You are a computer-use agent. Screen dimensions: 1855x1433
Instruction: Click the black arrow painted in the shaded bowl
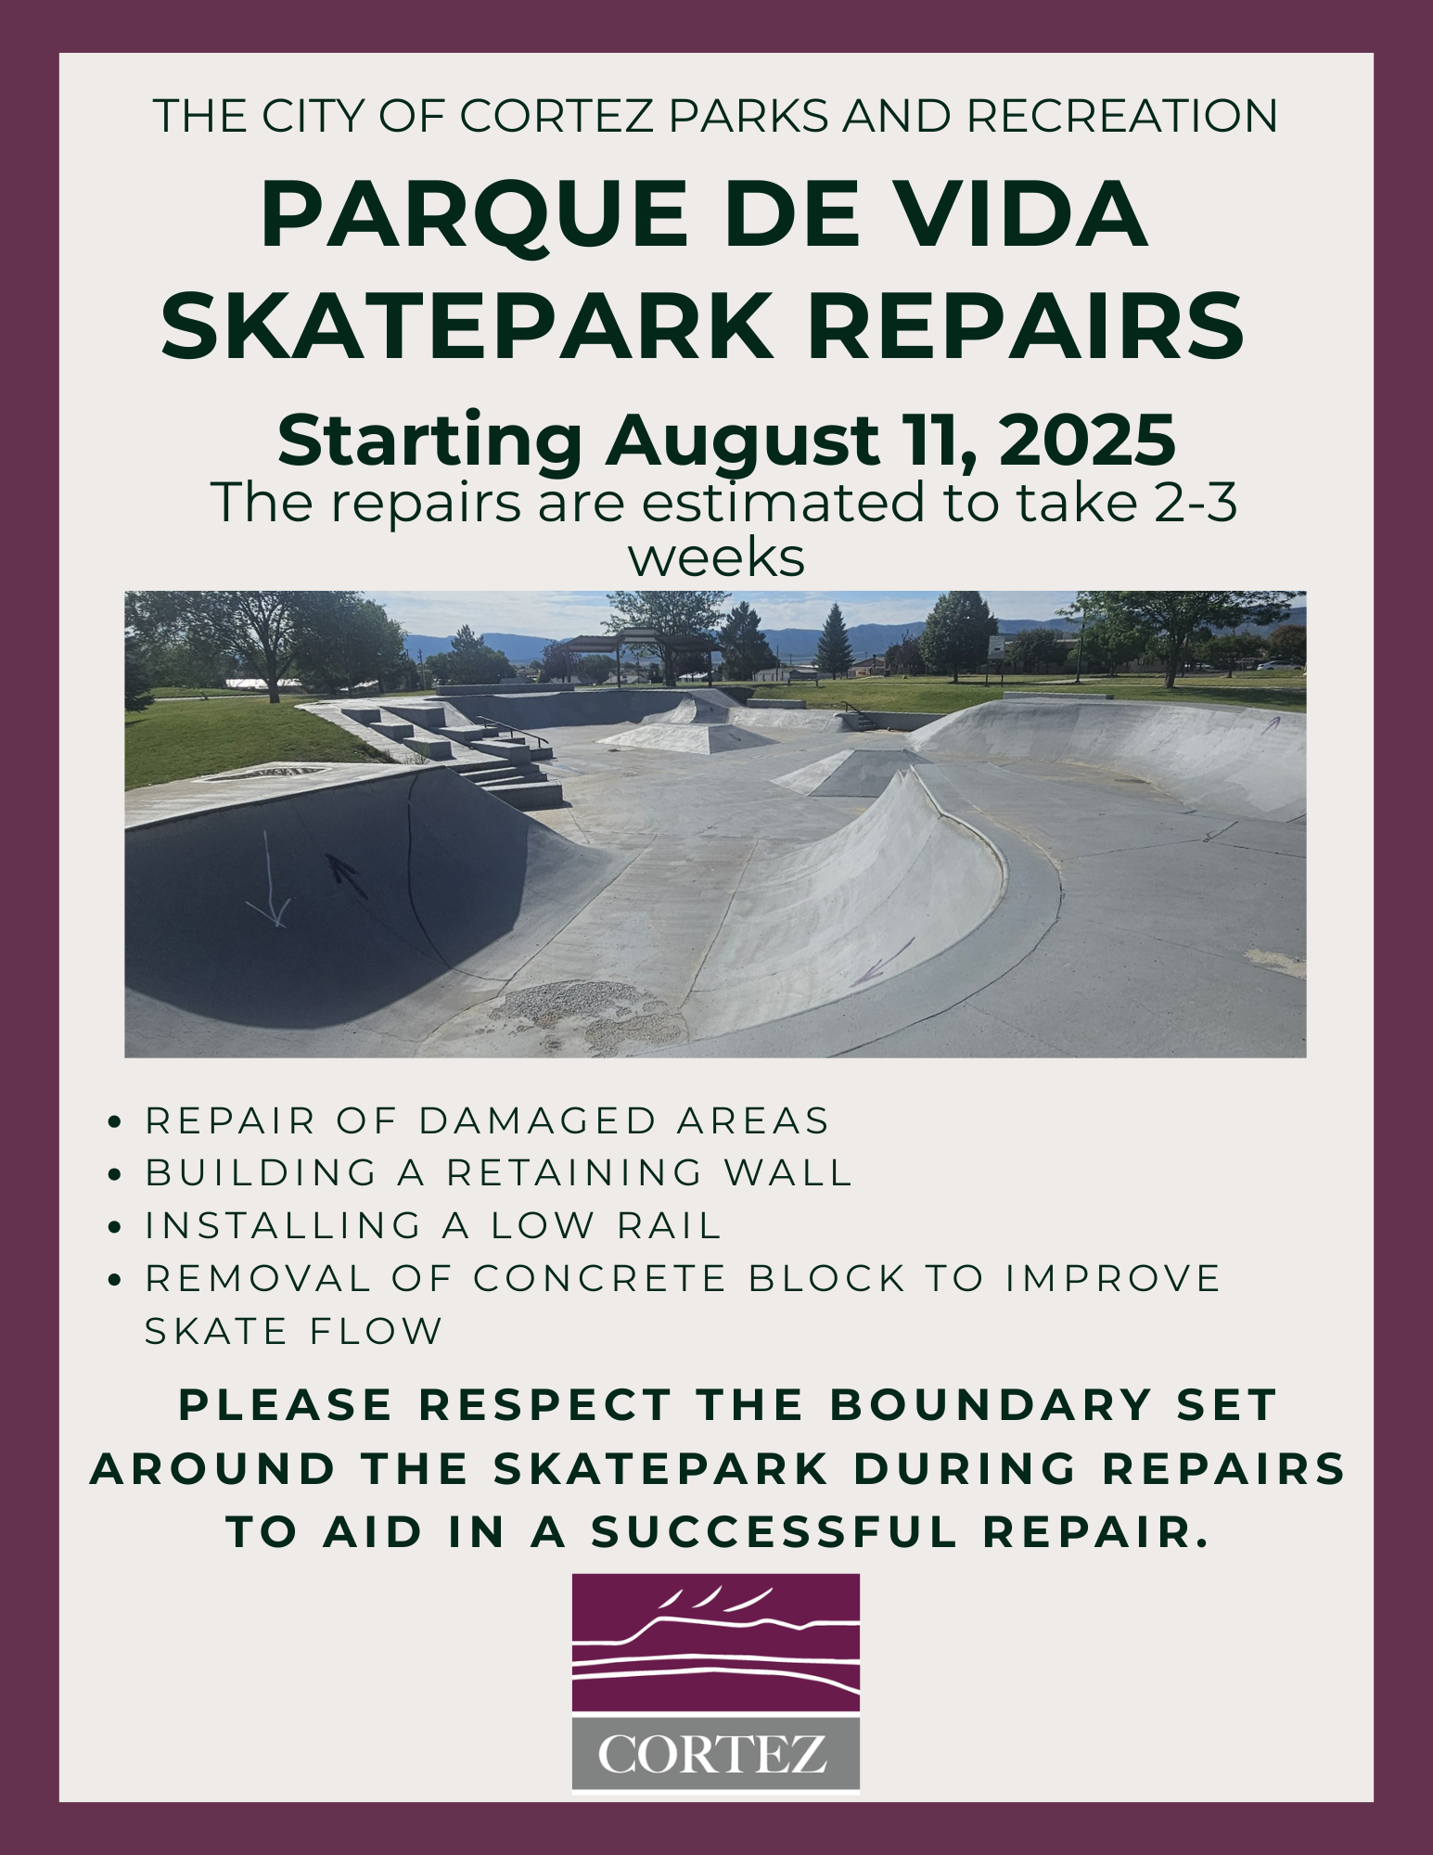coord(345,875)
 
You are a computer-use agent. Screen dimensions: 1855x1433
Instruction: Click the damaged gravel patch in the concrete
coord(584,1013)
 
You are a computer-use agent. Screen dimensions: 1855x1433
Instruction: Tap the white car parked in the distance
coord(1281,665)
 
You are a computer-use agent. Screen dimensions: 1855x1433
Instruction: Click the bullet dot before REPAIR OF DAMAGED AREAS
coord(116,1121)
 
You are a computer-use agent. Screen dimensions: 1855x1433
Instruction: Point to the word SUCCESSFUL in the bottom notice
coord(775,1532)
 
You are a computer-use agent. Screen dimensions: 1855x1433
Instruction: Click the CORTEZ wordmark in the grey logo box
coord(713,1754)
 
